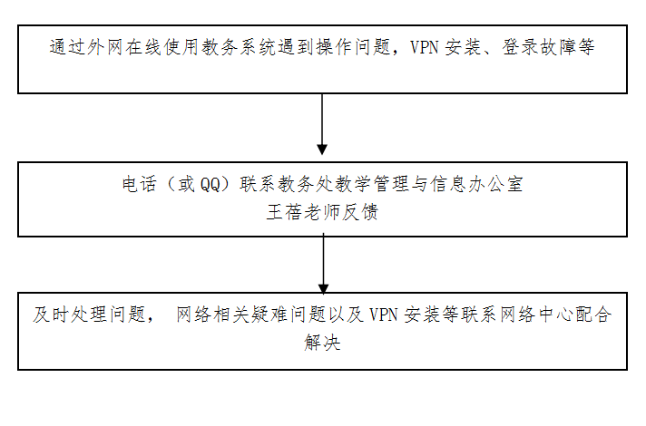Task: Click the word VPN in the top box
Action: tap(424, 47)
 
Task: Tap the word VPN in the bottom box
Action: tap(383, 315)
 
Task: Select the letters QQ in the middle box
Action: tap(210, 184)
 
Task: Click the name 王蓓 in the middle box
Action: tap(284, 212)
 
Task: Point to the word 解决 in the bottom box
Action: tap(323, 343)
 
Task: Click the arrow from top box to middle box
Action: tap(322, 124)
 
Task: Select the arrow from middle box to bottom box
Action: tap(323, 264)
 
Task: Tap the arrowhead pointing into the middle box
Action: tap(322, 150)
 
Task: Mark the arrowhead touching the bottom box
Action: tap(323, 288)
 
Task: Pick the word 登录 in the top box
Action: tap(521, 47)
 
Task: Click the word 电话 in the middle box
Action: tap(139, 184)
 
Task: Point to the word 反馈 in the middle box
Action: tap(360, 212)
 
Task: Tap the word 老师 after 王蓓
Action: tap(322, 212)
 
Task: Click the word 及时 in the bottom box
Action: tap(51, 315)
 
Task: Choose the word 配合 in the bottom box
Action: tap(593, 315)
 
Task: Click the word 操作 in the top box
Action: tap(334, 47)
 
